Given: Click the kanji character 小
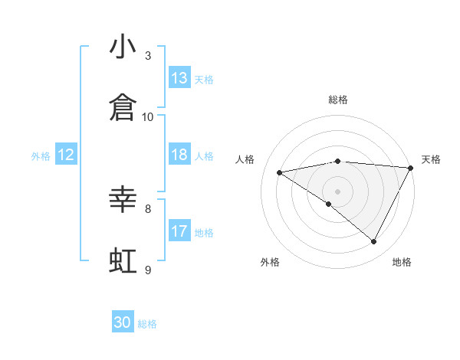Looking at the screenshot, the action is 123,47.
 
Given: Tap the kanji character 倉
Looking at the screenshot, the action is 123,109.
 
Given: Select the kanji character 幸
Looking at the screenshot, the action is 123,201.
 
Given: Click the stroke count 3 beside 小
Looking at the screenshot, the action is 148,56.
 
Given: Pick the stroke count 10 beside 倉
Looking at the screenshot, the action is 148,117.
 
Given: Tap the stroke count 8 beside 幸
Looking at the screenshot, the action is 148,208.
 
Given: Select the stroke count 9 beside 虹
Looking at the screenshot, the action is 148,270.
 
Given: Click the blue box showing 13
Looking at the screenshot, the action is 179,78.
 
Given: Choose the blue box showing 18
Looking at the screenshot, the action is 179,155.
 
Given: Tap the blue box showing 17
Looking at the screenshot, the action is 179,231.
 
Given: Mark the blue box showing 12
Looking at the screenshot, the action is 66,155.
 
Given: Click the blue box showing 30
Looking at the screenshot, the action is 123,322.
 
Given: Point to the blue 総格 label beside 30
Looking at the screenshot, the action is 147,324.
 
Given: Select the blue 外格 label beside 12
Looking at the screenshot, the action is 41,156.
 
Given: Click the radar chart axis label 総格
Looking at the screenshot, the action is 337,100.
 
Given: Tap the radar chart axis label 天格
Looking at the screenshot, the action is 431,159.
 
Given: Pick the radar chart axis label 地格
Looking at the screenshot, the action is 402,262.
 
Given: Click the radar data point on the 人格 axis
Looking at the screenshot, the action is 280,172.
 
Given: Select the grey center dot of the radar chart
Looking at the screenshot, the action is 337,191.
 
